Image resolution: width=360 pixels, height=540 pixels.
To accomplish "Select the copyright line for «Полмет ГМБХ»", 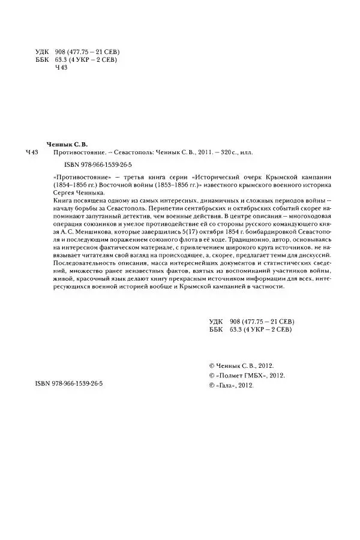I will tap(246, 375).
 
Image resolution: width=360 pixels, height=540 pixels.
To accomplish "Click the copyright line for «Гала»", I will tap(230, 386).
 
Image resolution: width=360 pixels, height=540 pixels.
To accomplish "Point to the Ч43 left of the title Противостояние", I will tap(33, 154).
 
